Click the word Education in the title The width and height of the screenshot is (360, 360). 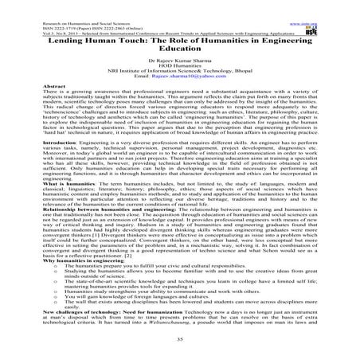pos(179,47)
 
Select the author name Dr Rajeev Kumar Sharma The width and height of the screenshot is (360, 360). pos(179,61)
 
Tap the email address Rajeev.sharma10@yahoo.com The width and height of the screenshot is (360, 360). pos(191,78)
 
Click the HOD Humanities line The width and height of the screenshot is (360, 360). pos(179,67)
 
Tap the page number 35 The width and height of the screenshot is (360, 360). pos(179,338)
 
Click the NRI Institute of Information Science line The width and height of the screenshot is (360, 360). pos(179,72)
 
